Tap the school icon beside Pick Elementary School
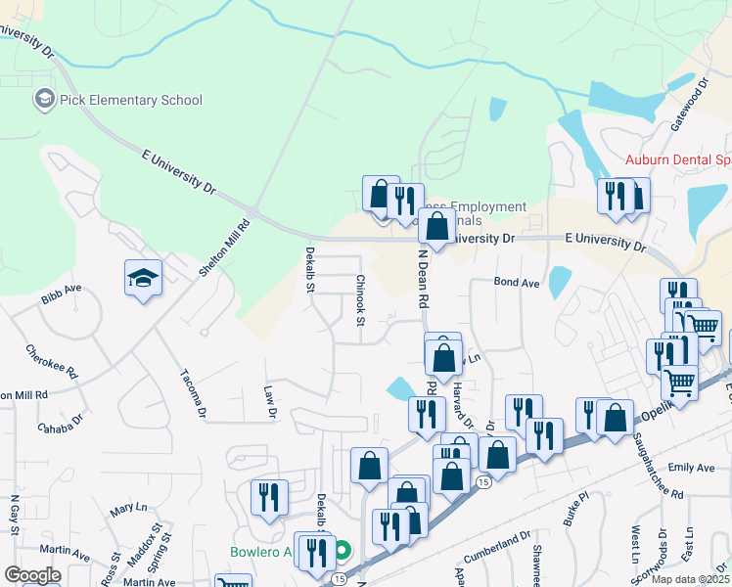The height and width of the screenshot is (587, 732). (44, 99)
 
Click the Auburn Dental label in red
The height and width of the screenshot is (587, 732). (678, 159)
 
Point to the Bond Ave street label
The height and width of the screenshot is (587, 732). (517, 283)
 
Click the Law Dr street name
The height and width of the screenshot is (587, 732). (270, 401)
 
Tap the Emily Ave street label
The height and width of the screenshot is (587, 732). (691, 470)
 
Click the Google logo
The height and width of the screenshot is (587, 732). (32, 575)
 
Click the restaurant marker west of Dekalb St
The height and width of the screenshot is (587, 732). (269, 497)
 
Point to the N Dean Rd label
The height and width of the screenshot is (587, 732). (424, 279)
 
